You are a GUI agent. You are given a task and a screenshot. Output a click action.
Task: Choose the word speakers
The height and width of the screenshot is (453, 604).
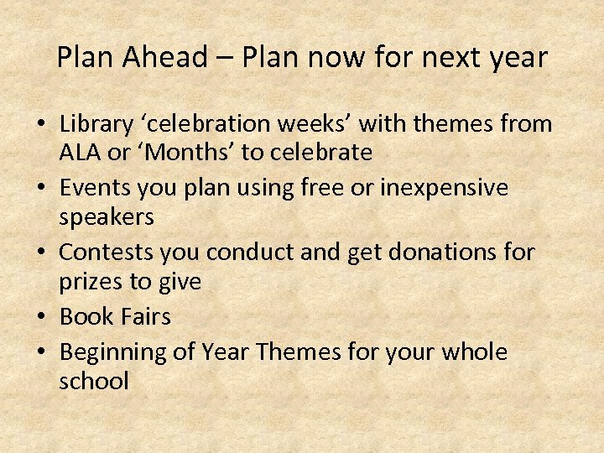tap(107, 216)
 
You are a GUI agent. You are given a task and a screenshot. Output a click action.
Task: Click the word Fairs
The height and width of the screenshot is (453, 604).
tap(143, 316)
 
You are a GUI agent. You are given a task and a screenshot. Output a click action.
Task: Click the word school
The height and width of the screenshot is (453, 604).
tap(94, 381)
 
